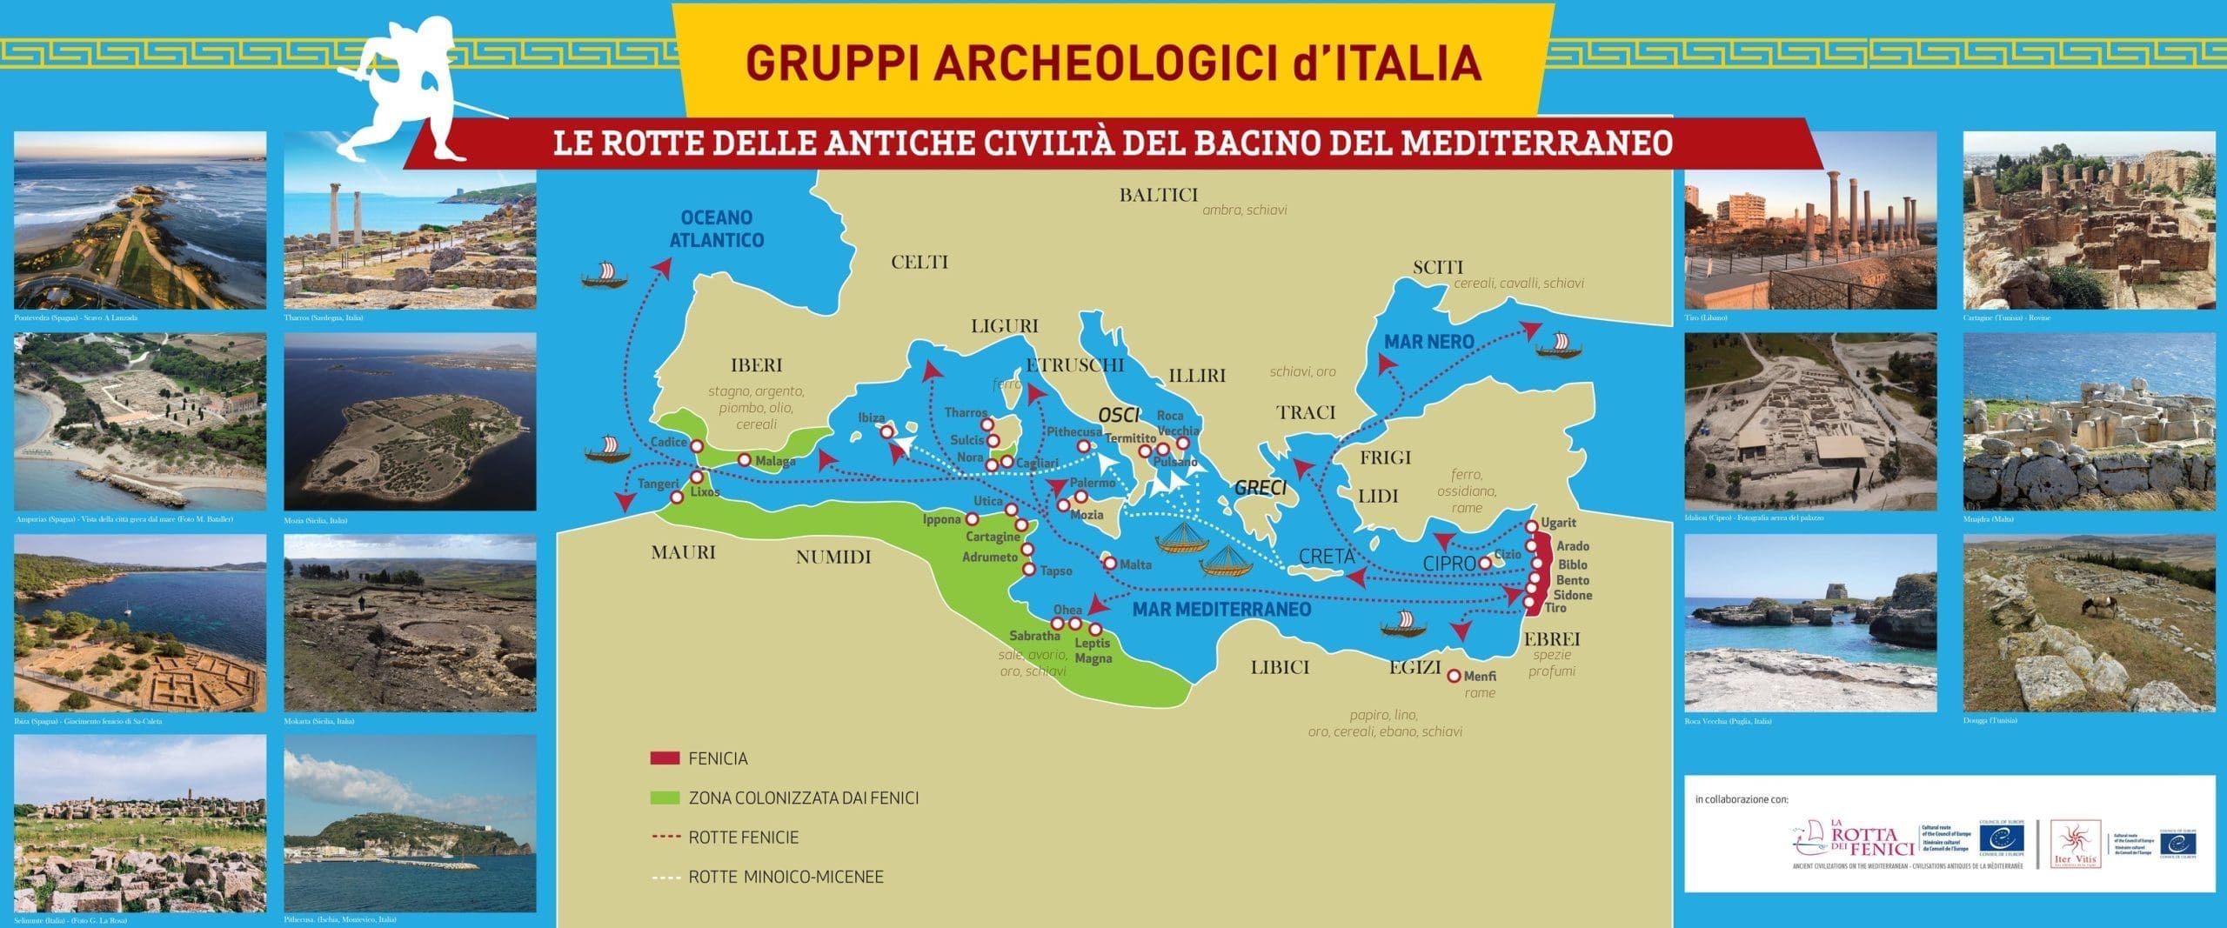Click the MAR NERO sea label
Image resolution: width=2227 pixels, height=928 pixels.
[1428, 342]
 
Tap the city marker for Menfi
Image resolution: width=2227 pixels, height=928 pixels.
[1453, 676]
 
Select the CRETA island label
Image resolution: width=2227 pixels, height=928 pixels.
[1327, 557]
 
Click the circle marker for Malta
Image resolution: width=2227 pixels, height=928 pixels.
[1110, 563]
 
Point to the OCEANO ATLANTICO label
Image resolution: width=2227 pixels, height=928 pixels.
[717, 229]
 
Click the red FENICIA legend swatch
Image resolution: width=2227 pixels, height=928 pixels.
[664, 758]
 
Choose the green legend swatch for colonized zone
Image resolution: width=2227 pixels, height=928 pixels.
[664, 798]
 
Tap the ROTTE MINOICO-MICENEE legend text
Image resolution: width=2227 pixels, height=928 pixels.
[786, 877]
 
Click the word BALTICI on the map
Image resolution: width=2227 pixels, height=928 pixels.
[1158, 195]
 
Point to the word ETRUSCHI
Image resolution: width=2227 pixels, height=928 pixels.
[1074, 365]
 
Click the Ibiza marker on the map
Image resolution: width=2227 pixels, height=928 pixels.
[886, 431]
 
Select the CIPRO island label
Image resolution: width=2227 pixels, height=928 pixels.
[1449, 564]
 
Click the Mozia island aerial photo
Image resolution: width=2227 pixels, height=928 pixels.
[410, 422]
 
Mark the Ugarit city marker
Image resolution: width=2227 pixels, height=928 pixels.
[1531, 527]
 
